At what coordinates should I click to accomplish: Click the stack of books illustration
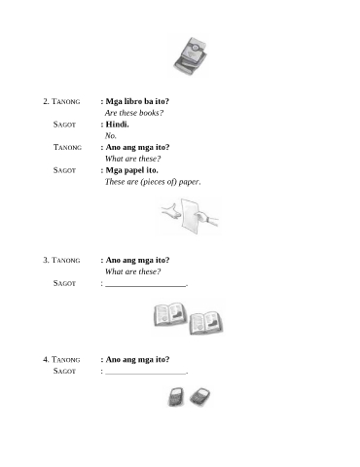pyautogui.click(x=191, y=55)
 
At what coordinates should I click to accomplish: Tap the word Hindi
pyautogui.click(x=117, y=125)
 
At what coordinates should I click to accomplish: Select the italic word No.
pyautogui.click(x=111, y=136)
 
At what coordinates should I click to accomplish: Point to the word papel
pyautogui.click(x=134, y=170)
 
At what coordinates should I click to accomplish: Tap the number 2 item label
pyautogui.click(x=46, y=101)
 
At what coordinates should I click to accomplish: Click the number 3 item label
pyautogui.click(x=46, y=260)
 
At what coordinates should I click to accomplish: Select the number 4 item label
pyautogui.click(x=46, y=359)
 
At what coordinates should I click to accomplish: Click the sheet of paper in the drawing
pyautogui.click(x=189, y=215)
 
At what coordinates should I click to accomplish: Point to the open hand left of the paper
pyautogui.click(x=171, y=211)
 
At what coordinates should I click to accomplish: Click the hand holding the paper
pyautogui.click(x=207, y=218)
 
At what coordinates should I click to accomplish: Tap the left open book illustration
pyautogui.click(x=170, y=314)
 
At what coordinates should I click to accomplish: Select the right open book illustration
pyautogui.click(x=206, y=323)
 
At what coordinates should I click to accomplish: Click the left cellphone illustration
pyautogui.click(x=176, y=397)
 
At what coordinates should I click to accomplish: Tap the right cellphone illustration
pyautogui.click(x=199, y=396)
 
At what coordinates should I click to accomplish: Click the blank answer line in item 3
pyautogui.click(x=146, y=286)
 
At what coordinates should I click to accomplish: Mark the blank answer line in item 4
pyautogui.click(x=146, y=374)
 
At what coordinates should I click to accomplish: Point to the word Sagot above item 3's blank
pyautogui.click(x=64, y=283)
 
